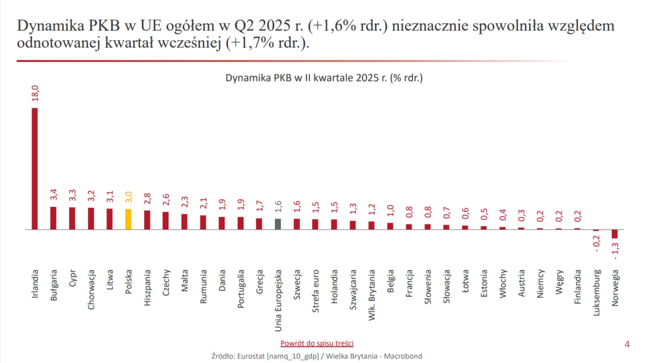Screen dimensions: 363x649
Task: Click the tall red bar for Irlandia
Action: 35,168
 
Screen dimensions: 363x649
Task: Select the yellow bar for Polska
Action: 128,219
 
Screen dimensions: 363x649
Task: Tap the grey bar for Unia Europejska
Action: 278,224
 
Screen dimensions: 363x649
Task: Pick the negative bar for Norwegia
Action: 614,234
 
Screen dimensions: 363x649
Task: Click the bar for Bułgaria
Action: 53,218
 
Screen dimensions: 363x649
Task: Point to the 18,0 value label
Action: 35,93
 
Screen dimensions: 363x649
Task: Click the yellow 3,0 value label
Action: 128,197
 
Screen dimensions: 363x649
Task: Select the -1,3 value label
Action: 615,251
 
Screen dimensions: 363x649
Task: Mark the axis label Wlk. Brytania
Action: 372,295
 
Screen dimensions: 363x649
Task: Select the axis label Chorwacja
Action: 91,289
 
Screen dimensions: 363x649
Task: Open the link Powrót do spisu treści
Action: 317,343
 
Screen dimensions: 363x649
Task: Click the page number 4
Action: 627,344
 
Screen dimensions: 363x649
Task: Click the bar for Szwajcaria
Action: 353,225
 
